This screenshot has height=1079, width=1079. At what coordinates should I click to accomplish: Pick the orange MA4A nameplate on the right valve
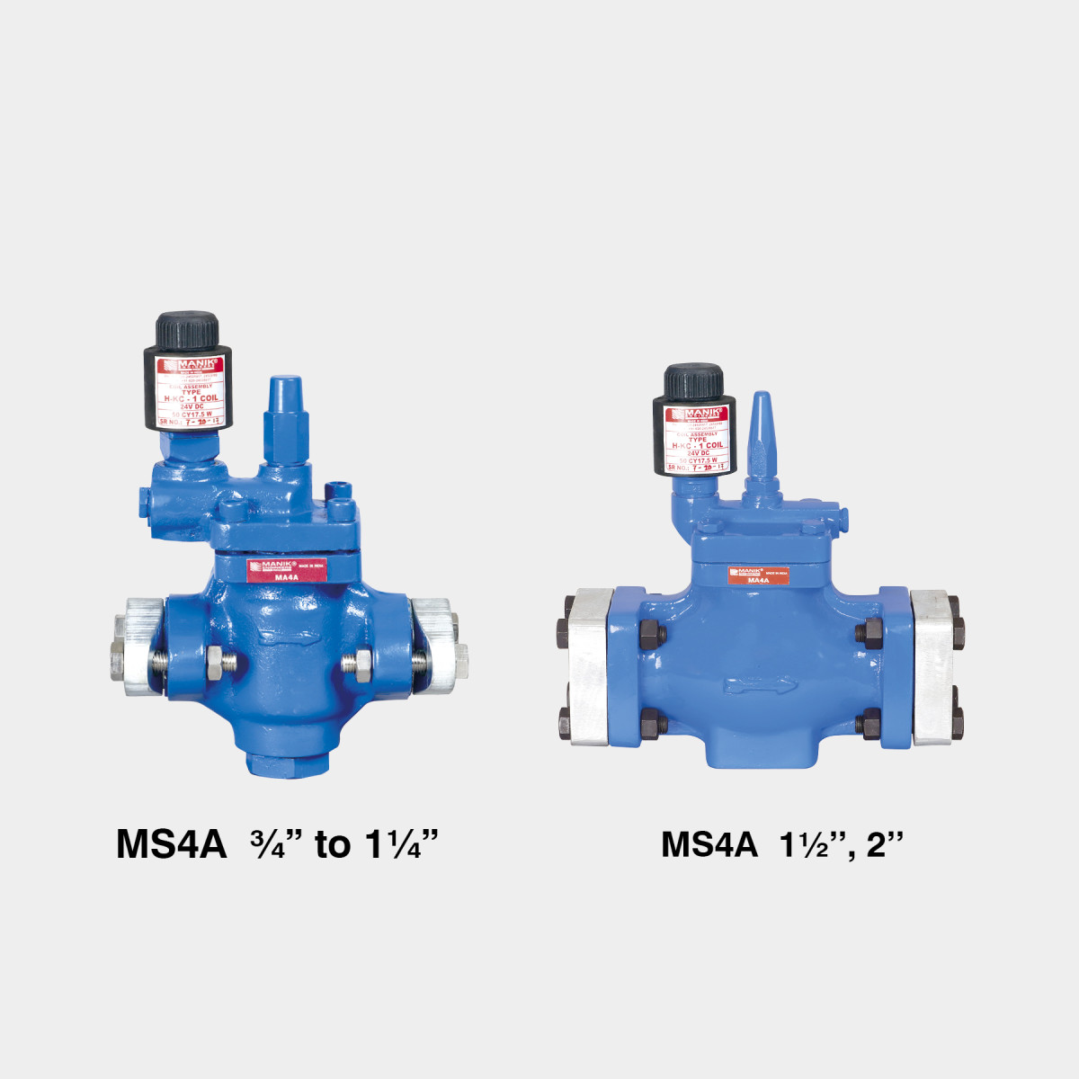pyautogui.click(x=759, y=575)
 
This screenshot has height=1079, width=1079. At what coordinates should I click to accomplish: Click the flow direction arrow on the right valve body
pyautogui.click(x=760, y=686)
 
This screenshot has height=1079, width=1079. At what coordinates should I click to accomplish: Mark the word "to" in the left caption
pyautogui.click(x=332, y=845)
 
